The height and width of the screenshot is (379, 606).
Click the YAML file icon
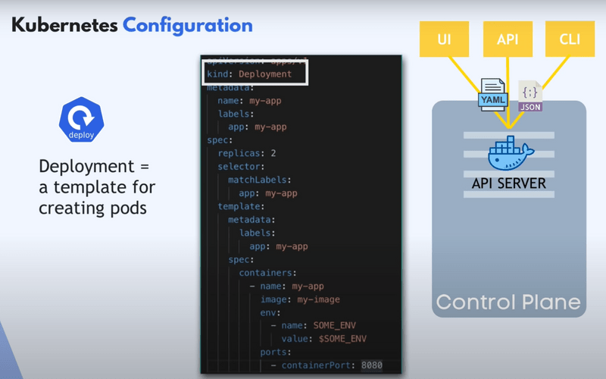[491, 95]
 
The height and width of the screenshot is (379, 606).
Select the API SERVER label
[509, 183]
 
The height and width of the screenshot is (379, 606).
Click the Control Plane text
[508, 302]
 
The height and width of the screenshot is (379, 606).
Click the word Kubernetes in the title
[64, 25]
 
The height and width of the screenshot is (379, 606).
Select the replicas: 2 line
[246, 153]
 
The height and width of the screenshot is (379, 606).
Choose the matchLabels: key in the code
[259, 180]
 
